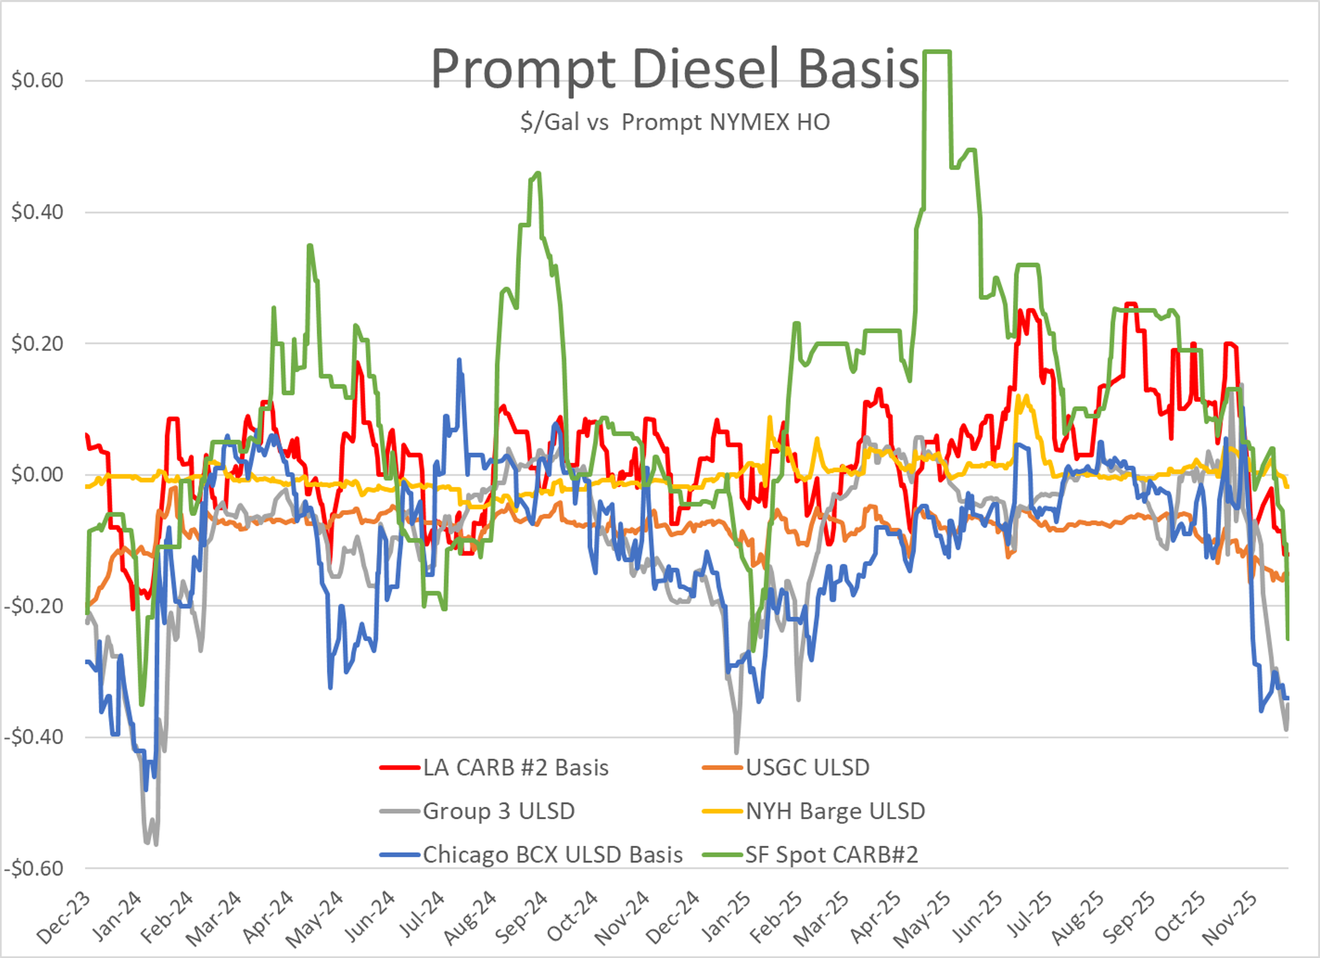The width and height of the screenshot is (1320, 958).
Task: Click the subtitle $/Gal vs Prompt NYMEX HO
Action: coord(675,122)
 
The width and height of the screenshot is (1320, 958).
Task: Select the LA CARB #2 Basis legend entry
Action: coord(515,768)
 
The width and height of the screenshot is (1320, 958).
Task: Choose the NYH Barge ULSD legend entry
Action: coord(835,811)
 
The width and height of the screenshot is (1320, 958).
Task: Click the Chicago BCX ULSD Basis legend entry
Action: coord(552,855)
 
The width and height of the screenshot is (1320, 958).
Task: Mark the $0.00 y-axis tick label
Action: coord(37,475)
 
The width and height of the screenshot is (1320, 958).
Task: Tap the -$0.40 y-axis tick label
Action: coord(34,737)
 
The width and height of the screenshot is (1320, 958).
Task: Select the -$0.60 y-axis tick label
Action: coord(34,868)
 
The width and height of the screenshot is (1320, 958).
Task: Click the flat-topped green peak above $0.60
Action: coord(938,52)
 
